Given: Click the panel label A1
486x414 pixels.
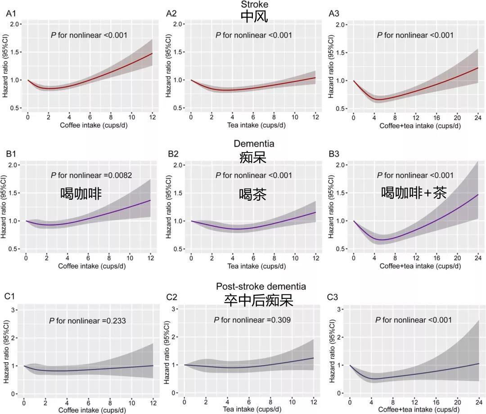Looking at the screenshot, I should [11, 14].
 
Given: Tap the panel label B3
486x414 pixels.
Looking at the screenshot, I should [334, 154].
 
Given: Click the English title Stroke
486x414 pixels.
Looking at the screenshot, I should [254, 4].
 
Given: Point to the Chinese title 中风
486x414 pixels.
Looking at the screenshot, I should [254, 17].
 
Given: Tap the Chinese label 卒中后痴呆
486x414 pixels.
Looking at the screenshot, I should [259, 300].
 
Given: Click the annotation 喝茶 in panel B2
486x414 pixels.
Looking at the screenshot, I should [253, 194].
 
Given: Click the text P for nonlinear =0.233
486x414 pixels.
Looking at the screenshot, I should [87, 321].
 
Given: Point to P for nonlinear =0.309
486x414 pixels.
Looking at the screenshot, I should [252, 320].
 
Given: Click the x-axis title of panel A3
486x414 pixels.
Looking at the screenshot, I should [420, 126].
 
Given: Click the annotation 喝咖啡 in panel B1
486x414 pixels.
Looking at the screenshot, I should [81, 193].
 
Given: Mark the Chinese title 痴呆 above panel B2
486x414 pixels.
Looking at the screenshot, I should [253, 157].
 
